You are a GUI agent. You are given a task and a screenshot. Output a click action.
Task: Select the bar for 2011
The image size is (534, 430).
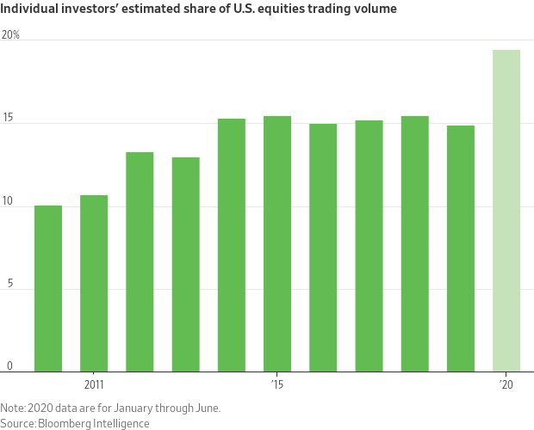(x=94, y=284)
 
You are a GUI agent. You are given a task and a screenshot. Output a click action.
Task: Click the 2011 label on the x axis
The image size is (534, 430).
(x=94, y=384)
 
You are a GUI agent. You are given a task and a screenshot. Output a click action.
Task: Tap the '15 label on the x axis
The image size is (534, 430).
(x=277, y=384)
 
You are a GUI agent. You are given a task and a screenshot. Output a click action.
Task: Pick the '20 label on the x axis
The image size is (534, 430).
(x=506, y=384)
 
